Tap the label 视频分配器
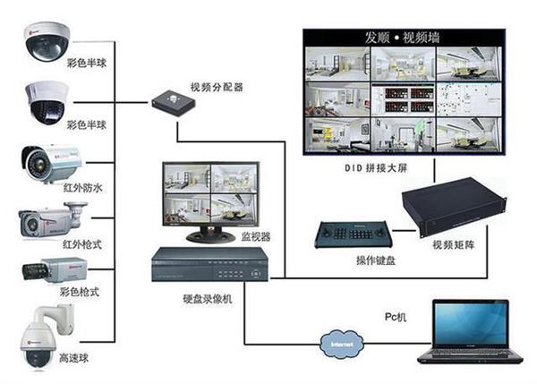pos(217,87)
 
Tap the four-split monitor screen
pos(210,194)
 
